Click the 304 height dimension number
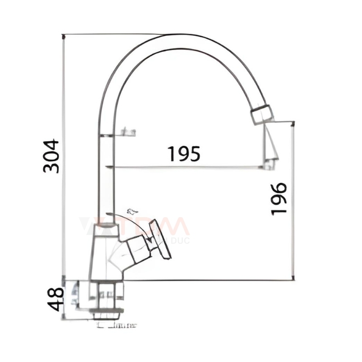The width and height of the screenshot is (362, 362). (51, 156)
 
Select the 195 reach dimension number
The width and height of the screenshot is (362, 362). (184, 154)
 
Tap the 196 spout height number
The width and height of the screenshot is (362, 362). (279, 199)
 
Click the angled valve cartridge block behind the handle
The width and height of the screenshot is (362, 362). (135, 247)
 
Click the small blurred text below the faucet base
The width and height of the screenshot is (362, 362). (117, 324)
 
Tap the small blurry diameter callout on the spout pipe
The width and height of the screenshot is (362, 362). (127, 133)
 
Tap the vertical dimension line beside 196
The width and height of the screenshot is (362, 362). (294, 199)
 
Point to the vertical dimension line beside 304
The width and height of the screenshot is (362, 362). (64, 156)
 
